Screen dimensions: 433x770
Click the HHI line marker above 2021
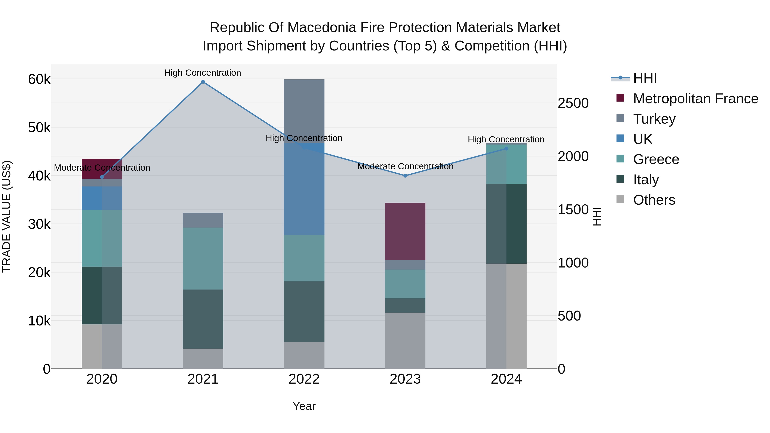(203, 82)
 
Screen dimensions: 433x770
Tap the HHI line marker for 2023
(405, 176)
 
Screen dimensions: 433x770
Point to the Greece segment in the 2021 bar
(203, 259)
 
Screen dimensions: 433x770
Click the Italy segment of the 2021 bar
(203, 319)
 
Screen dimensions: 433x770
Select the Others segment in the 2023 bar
(405, 341)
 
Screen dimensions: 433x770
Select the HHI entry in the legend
(645, 78)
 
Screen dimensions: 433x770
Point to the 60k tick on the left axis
(39, 80)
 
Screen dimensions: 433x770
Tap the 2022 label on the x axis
(304, 379)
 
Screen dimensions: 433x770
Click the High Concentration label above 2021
(203, 73)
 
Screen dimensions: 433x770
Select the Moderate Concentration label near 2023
(405, 166)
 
